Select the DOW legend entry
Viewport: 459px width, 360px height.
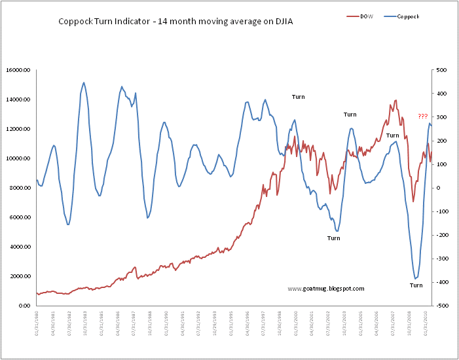coord(365,16)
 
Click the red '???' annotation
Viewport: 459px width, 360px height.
coord(423,116)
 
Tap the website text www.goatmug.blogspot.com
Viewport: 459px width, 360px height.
coord(326,288)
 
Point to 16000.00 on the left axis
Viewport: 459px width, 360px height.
coord(20,70)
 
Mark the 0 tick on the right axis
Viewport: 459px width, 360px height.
coord(439,188)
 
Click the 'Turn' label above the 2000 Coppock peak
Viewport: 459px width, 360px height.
coord(298,97)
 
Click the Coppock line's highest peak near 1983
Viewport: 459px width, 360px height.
coord(84,82)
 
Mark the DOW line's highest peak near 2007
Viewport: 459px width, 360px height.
coord(395,100)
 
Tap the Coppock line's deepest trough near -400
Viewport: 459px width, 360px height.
coord(414,279)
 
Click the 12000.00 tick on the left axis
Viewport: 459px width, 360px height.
coord(20,129)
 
